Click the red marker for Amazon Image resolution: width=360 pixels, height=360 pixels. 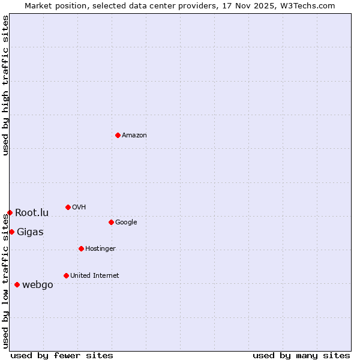[118, 135]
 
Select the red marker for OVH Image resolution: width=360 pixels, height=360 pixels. [68, 207]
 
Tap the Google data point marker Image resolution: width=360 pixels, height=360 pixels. [111, 222]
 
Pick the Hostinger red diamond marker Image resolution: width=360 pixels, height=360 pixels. [81, 248]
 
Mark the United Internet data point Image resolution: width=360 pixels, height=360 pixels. [66, 275]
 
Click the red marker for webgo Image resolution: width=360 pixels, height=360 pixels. [17, 284]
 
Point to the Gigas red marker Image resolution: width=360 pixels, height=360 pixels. [11, 232]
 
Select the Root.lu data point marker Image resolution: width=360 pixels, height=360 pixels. [10, 212]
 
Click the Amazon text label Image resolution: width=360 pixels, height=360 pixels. [134, 136]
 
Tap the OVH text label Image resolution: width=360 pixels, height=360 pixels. [79, 208]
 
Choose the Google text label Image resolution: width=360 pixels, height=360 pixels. [126, 223]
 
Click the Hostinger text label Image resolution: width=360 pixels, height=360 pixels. [100, 249]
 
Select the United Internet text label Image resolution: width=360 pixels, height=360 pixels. [94, 276]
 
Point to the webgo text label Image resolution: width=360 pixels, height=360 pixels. [37, 285]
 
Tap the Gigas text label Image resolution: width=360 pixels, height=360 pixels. [30, 232]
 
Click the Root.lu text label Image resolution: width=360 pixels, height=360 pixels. [32, 213]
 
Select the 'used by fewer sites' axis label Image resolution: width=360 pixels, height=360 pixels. [62, 355]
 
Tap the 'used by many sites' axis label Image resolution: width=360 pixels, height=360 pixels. [301, 355]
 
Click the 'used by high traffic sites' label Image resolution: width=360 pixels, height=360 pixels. [5, 85]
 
